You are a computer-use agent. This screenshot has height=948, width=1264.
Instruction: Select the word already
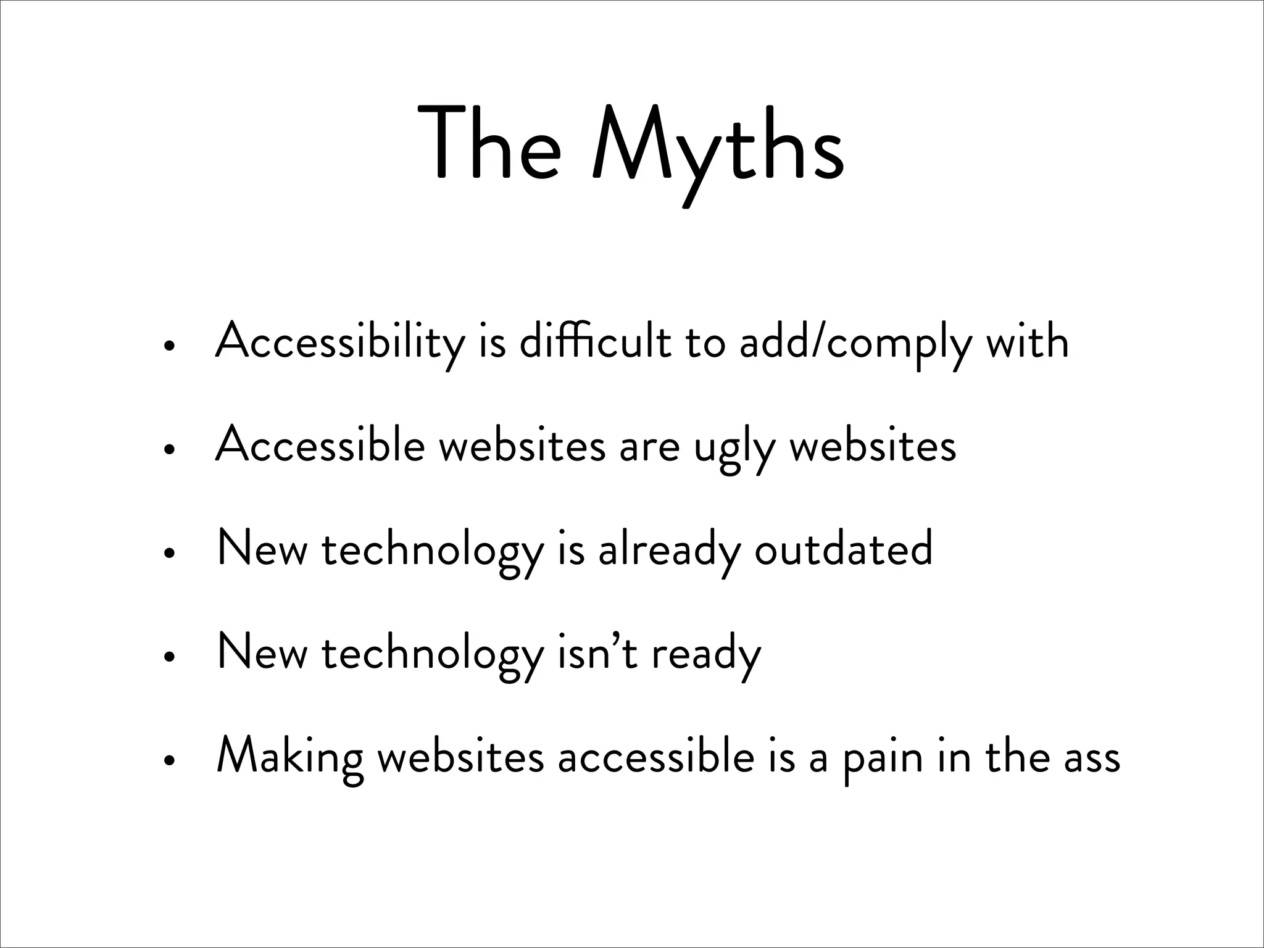[x=669, y=551]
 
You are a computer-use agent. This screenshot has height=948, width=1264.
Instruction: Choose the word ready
[x=706, y=656]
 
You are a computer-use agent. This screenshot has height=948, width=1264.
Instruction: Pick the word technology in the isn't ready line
[x=433, y=656]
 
